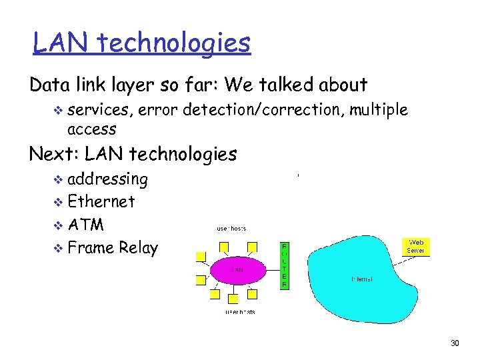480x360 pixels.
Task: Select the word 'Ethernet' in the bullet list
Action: (x=101, y=201)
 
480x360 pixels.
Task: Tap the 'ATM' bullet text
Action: (x=86, y=224)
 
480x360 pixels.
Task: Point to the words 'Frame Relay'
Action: (x=113, y=248)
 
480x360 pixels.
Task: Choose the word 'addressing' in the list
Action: (x=108, y=179)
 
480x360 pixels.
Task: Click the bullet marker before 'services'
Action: (x=59, y=109)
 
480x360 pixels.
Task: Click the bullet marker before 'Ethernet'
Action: (x=59, y=202)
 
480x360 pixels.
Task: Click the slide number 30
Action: (x=455, y=343)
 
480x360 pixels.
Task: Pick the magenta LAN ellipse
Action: (x=237, y=269)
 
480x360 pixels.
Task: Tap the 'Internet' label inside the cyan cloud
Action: (x=361, y=279)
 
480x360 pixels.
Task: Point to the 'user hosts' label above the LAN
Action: (x=231, y=228)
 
